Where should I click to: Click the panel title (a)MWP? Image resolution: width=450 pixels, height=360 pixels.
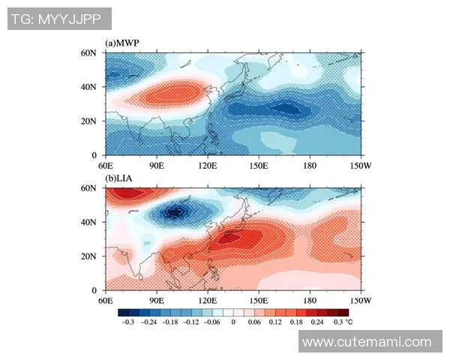click(x=123, y=43)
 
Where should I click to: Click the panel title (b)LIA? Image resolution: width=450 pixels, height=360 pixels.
click(x=121, y=178)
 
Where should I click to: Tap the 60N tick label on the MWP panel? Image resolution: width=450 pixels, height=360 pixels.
click(x=89, y=53)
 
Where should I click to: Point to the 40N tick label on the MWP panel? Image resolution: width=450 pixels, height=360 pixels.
click(x=89, y=87)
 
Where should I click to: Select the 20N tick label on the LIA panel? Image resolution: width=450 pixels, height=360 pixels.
click(x=89, y=256)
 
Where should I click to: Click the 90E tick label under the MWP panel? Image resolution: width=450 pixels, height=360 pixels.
click(x=156, y=164)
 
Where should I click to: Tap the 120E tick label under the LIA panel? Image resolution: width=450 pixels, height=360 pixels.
click(x=207, y=299)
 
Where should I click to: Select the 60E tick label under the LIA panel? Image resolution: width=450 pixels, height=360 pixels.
click(x=105, y=299)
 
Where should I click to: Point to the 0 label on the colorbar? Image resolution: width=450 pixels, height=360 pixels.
click(x=233, y=321)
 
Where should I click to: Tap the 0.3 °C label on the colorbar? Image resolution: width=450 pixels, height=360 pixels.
click(x=342, y=321)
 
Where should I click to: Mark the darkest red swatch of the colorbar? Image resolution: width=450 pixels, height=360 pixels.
click(x=343, y=311)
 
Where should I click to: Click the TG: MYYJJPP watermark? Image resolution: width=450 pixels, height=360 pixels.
click(x=59, y=19)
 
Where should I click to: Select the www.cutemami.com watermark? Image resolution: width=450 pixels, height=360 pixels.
click(x=367, y=342)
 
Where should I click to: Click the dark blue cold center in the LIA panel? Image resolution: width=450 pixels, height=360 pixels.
click(x=175, y=212)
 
